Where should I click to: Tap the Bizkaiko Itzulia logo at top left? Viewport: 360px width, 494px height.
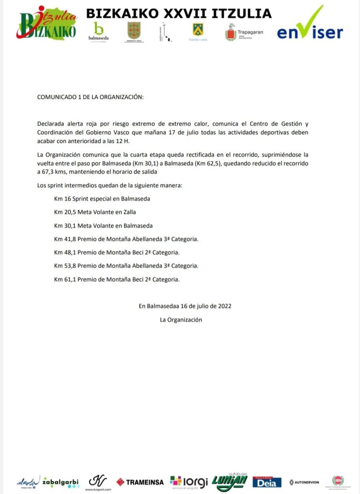coord(48,24)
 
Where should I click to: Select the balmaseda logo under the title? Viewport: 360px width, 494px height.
coord(98,32)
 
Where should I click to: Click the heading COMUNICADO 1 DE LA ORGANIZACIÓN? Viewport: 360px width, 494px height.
coord(90,97)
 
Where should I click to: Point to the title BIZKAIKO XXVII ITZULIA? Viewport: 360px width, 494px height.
coord(179,14)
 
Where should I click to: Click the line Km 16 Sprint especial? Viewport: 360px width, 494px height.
coord(102,198)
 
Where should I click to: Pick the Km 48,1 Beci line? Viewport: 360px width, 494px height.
coord(117,252)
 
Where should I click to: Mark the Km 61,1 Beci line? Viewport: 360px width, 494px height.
coord(117,279)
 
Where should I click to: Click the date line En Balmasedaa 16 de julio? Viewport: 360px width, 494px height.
coord(185,306)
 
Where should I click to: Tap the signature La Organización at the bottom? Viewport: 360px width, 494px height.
coord(181,319)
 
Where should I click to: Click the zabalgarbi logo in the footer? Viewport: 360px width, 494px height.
coord(61,481)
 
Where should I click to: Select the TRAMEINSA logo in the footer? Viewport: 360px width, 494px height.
coord(139,481)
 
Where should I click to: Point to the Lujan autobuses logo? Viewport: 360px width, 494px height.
coord(229,481)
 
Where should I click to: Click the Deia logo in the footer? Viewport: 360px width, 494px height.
coord(267,481)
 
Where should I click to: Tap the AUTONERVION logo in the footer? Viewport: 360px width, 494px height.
coord(304,482)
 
